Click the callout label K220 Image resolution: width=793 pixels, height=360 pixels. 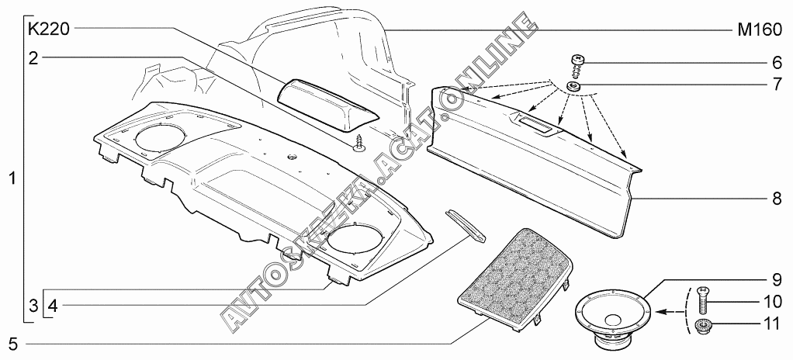[x=49, y=30]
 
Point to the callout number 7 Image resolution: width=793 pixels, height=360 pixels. [x=775, y=82]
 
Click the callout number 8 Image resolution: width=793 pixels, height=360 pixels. [x=775, y=199]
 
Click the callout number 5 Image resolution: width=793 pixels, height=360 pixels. [x=12, y=341]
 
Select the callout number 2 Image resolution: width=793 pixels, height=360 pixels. [x=33, y=57]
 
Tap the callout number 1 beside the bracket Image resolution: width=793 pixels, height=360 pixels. [x=12, y=178]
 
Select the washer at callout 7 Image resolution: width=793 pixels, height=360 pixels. [x=575, y=85]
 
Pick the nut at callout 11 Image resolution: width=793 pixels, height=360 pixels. [x=701, y=324]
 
